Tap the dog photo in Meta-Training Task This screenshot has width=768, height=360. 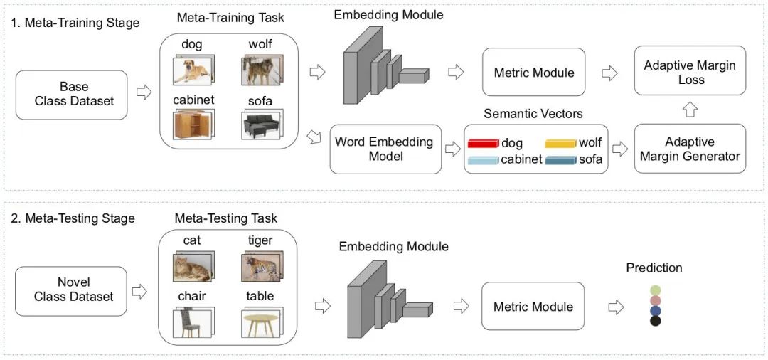click(x=192, y=70)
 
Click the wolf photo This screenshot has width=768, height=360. click(x=261, y=70)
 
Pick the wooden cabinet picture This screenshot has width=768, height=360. click(x=193, y=125)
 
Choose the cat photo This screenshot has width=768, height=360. click(x=192, y=268)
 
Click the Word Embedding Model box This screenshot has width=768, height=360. click(x=384, y=149)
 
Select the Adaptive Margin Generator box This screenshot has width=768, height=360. click(x=690, y=149)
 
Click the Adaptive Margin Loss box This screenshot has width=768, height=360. click(x=690, y=72)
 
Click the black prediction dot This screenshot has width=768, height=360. click(x=655, y=321)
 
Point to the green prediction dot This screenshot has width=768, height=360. click(x=655, y=290)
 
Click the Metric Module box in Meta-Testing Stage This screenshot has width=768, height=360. click(x=533, y=307)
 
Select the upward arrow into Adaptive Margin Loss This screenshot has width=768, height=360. click(x=690, y=110)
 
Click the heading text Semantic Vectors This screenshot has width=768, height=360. click(x=533, y=114)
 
